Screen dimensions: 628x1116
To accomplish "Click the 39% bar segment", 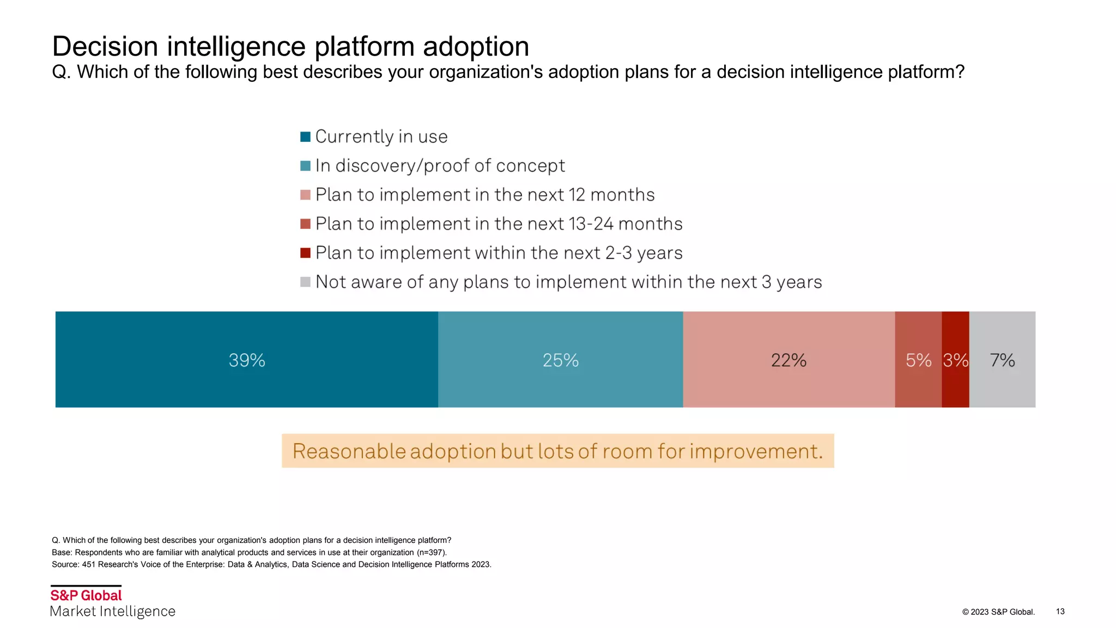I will coord(246,360).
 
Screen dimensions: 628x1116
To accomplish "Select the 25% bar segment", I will coord(560,360).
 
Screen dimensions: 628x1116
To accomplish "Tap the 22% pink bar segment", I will coord(789,360).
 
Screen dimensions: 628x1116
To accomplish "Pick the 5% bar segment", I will coord(918,360).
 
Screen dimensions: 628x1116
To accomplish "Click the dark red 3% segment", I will coord(955,360).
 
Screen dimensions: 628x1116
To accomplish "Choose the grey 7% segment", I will coord(1002,360).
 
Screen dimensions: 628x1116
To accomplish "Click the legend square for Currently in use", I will coord(305,136).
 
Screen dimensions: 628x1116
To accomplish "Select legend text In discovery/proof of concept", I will coord(440,166).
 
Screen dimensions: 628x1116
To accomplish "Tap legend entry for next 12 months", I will coord(484,195).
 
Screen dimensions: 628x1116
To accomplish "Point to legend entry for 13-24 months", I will coord(499,224).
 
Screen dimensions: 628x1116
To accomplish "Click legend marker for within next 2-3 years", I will coord(305,253).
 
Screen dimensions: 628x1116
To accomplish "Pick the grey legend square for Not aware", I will coord(305,282).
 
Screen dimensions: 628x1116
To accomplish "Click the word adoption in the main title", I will coord(476,46).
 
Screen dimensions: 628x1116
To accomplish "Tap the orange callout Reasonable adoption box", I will coord(557,451).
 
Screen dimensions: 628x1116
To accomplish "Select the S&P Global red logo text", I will coord(86,595).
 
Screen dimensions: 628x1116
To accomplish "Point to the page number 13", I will coord(1060,612).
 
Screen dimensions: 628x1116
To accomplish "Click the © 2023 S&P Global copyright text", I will coord(998,612).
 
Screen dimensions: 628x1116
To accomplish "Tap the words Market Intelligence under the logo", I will coord(113,612).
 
